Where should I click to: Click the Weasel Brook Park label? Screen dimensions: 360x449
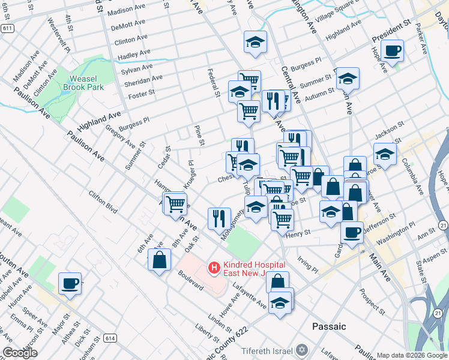[x=83, y=83]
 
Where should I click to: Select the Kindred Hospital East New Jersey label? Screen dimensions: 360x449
[x=253, y=269]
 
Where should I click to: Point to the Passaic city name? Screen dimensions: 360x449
[x=329, y=326]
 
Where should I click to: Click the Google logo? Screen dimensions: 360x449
[x=20, y=353]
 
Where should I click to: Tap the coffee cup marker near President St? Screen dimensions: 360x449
[x=392, y=51]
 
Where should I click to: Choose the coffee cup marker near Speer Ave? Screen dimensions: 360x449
[x=70, y=283]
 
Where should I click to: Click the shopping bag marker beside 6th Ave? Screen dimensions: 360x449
[x=159, y=260]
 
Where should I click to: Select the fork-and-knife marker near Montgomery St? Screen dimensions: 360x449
[x=219, y=218]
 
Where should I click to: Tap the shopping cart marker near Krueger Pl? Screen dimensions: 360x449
[x=175, y=203]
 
